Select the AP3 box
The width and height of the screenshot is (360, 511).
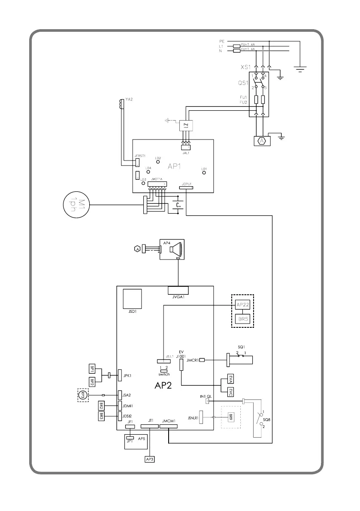pos(149,459)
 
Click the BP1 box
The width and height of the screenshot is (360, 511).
pos(92,369)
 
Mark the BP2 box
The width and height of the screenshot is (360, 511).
pos(92,381)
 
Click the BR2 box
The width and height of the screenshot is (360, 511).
pos(101,405)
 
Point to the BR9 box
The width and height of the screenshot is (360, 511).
pos(230,417)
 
